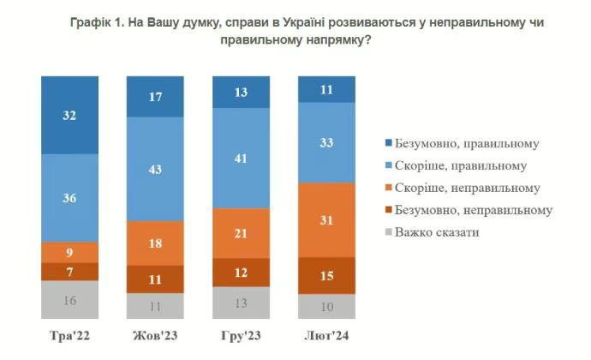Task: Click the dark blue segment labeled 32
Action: point(70,115)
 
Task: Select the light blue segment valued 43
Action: point(155,169)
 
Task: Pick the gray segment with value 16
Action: point(70,300)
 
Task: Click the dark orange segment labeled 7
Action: point(70,272)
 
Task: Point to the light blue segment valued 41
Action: point(241,158)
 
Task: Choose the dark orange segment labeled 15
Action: point(326,275)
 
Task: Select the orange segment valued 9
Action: point(70,252)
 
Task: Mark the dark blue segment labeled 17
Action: point(155,97)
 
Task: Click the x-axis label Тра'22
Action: point(70,333)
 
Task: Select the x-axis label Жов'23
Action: point(155,333)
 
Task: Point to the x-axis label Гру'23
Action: point(241,333)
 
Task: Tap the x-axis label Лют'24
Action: point(326,333)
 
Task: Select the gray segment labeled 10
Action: point(326,306)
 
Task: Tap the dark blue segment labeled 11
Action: point(326,89)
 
